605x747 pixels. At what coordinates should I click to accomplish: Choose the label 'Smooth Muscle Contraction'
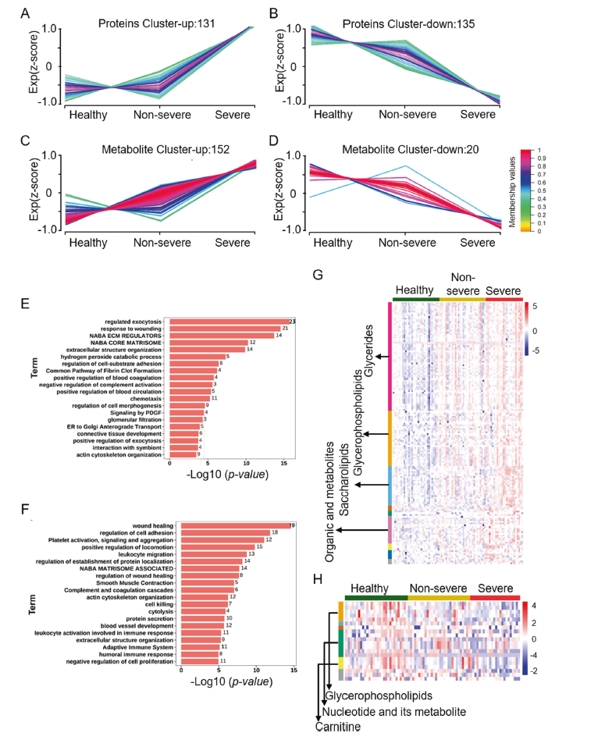pos(134,582)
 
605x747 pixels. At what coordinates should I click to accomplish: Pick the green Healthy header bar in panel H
pos(375,597)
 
